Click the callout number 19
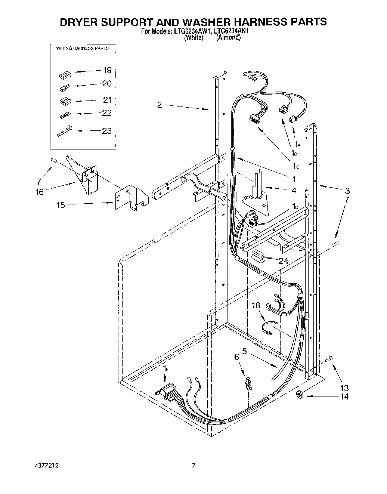tap(107, 70)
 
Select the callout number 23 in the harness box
tap(107, 131)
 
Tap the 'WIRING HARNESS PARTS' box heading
tap(83, 48)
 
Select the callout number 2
tap(160, 105)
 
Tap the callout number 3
tap(347, 190)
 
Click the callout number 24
tap(283, 260)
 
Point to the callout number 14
tap(344, 396)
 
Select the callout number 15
tap(61, 205)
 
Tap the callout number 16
tap(40, 192)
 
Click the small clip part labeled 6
tap(247, 383)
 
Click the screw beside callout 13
tap(329, 358)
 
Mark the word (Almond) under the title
tap(228, 37)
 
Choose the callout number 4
tap(294, 190)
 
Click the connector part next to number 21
tap(65, 101)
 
